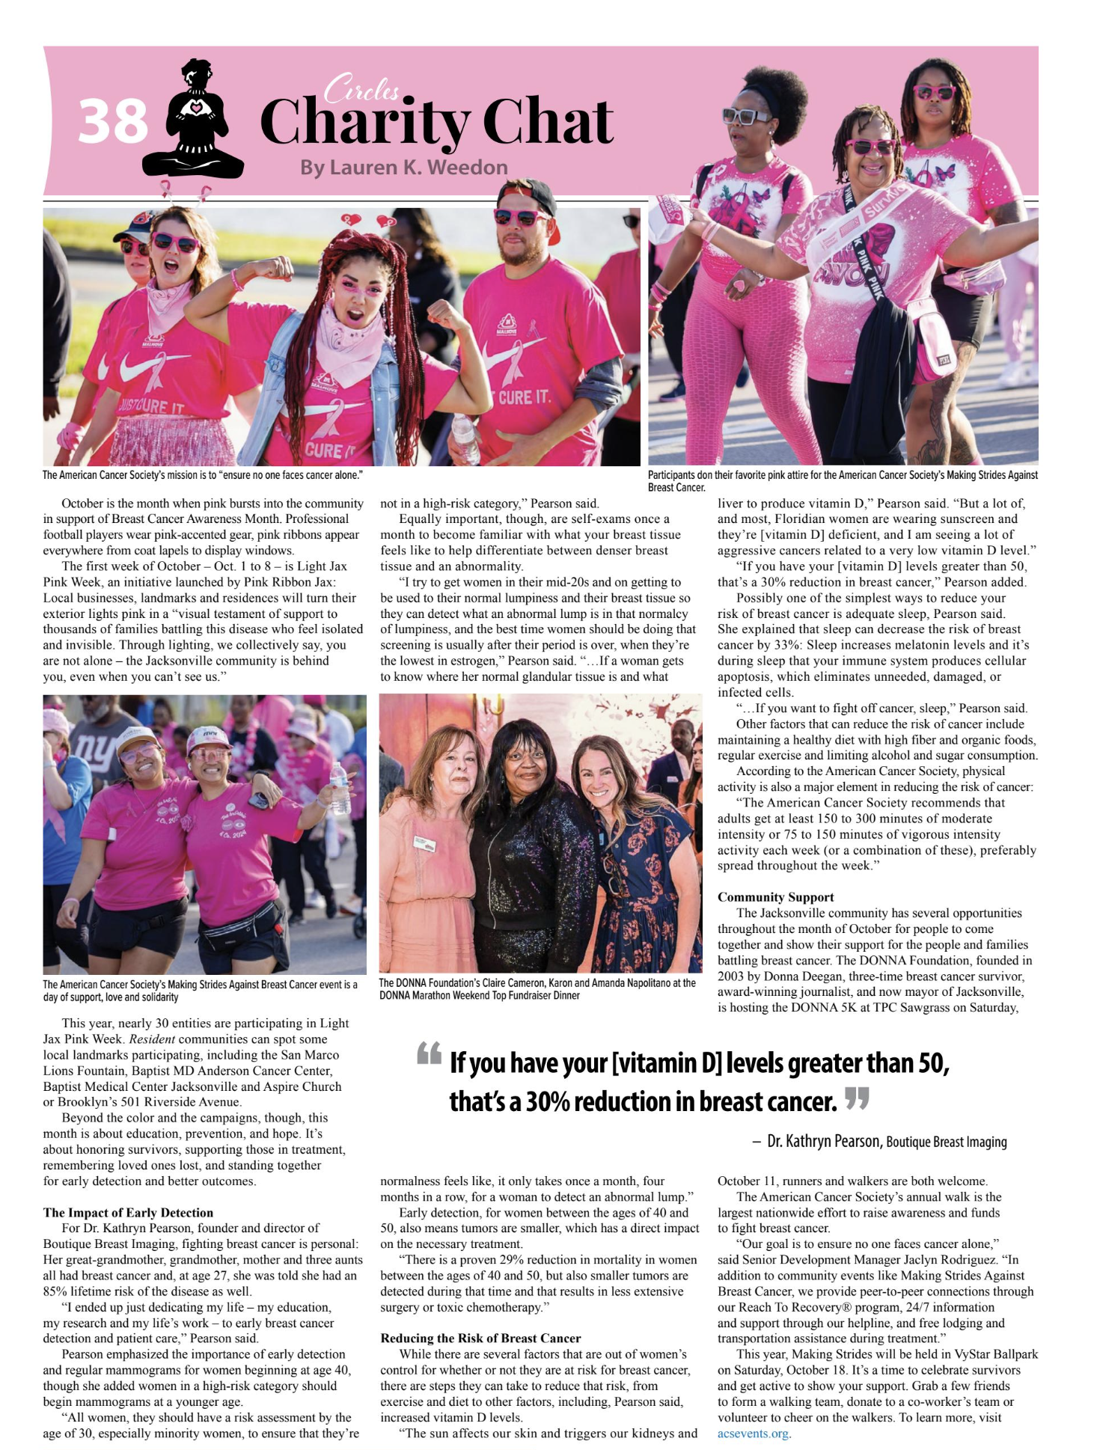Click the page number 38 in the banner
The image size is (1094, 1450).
[113, 122]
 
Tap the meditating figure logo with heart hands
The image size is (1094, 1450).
[195, 120]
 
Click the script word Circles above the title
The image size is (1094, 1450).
[361, 89]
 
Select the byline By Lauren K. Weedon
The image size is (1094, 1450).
[404, 167]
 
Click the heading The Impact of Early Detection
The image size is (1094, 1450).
[128, 1212]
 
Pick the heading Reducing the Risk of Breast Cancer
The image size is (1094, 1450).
[480, 1338]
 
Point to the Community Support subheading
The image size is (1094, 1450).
[775, 896]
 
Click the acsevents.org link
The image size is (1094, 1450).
[753, 1433]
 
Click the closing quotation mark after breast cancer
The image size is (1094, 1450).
[857, 1098]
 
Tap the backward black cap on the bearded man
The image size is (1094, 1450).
[528, 194]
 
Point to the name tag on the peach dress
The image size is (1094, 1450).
[424, 843]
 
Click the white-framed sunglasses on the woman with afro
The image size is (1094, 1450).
[745, 115]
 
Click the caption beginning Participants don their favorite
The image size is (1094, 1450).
[843, 480]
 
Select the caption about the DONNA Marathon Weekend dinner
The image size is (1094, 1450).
[537, 988]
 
